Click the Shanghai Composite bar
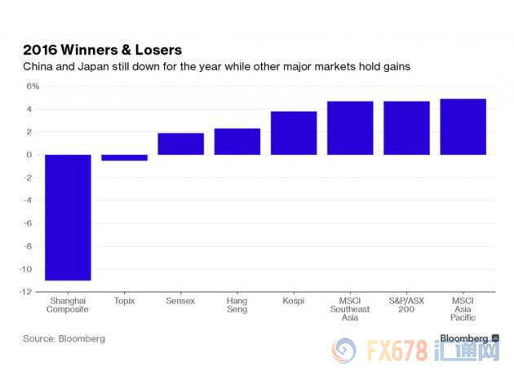coord(68,217)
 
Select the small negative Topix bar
coord(124,157)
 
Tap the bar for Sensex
coord(180,144)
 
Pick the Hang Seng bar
coord(237,142)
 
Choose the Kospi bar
coord(294,133)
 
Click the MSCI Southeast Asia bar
coord(350,128)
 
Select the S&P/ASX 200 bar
coord(406,128)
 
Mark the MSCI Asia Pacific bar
coord(463,126)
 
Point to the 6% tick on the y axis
coord(32,86)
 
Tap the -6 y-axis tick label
coord(31,223)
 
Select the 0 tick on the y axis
coord(34,155)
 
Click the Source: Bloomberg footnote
coord(64,338)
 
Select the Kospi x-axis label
coord(293,301)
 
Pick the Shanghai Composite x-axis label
coord(68,305)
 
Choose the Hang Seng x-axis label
coord(237,305)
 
